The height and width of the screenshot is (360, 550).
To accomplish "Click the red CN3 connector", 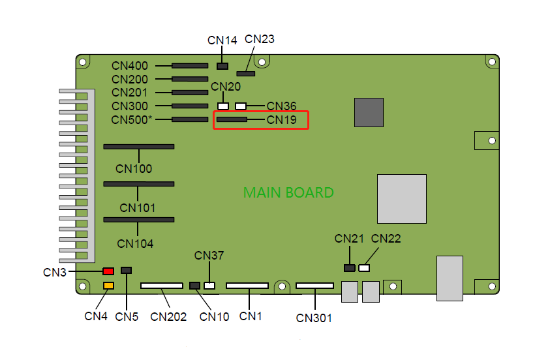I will pyautogui.click(x=108, y=271).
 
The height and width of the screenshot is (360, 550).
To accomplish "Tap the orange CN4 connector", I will pyautogui.click(x=108, y=286).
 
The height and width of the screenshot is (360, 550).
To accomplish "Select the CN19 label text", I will pyautogui.click(x=282, y=120).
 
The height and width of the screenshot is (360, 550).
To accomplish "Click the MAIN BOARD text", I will pyautogui.click(x=288, y=193).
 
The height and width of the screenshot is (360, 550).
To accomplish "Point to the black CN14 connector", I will pyautogui.click(x=222, y=66).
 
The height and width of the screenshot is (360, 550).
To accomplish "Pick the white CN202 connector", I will pyautogui.click(x=162, y=286).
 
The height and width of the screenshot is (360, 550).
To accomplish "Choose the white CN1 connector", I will pyautogui.click(x=247, y=286).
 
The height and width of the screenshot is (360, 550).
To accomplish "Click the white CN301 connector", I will pyautogui.click(x=314, y=286).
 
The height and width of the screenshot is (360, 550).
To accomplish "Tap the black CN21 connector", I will pyautogui.click(x=350, y=268).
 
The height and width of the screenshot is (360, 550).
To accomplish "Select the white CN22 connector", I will pyautogui.click(x=364, y=268).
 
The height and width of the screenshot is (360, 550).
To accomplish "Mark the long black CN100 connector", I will pyautogui.click(x=139, y=147).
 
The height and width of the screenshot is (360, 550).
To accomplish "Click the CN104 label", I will pyautogui.click(x=135, y=244).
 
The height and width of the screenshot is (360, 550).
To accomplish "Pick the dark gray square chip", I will pyautogui.click(x=369, y=112).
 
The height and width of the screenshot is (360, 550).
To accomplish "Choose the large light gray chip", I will pyautogui.click(x=402, y=199).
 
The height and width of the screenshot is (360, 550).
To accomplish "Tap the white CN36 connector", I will pyautogui.click(x=241, y=106).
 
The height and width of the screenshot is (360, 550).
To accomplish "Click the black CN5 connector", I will pyautogui.click(x=127, y=270).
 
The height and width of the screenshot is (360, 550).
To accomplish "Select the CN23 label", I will pyautogui.click(x=260, y=39).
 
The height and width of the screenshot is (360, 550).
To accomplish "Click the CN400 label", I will pyautogui.click(x=130, y=66).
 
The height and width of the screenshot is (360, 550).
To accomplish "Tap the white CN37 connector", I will pyautogui.click(x=209, y=286).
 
